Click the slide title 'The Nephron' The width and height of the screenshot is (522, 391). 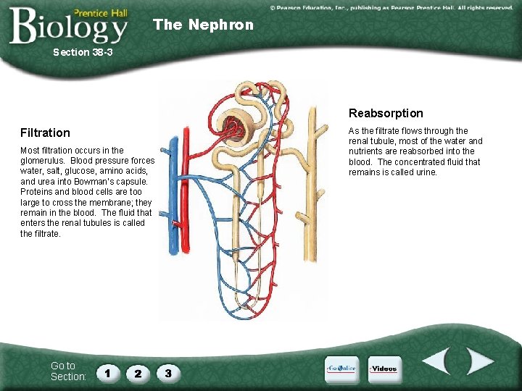(203, 25)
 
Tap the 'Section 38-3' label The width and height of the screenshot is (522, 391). (83, 53)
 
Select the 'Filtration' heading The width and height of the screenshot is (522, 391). (45, 133)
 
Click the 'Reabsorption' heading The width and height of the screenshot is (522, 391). (386, 113)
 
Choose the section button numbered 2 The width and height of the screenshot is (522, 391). (138, 373)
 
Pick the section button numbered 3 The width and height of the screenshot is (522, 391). (168, 373)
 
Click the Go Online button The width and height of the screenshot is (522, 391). (341, 369)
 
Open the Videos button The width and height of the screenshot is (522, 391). (384, 369)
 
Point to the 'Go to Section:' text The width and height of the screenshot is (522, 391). (67, 371)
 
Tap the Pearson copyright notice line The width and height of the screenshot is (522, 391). (391, 7)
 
